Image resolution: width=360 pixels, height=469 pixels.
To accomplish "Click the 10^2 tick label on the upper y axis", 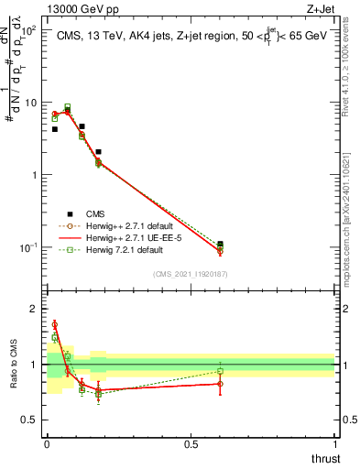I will (28, 30).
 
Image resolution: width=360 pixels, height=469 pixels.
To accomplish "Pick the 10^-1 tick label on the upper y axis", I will (28, 247).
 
